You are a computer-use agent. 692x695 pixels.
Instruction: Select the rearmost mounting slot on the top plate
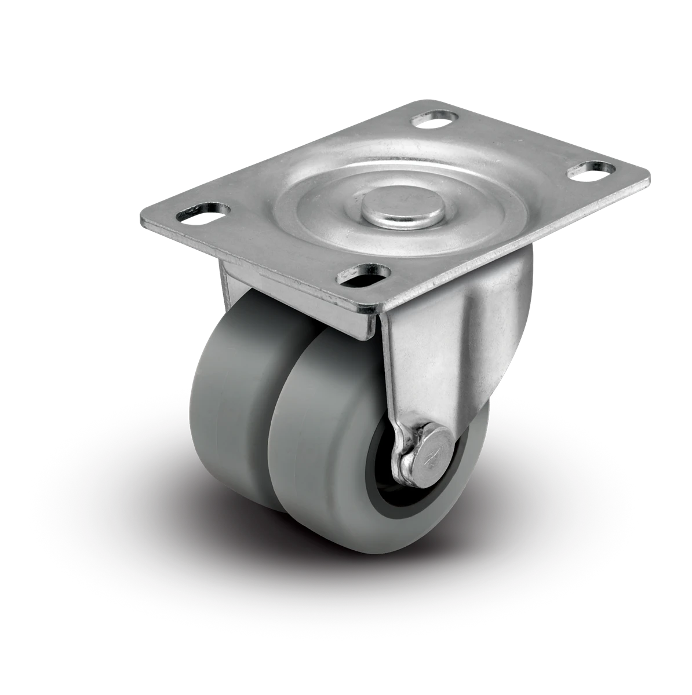click(432, 119)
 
